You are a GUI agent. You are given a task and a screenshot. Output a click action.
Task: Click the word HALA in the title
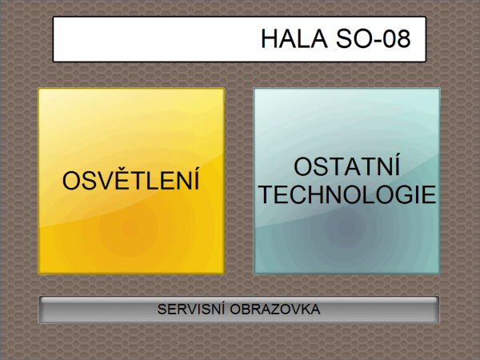[x=294, y=39]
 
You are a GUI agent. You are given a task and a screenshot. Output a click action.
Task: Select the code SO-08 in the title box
[x=373, y=39]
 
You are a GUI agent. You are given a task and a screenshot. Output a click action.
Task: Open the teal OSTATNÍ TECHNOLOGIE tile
[x=347, y=181]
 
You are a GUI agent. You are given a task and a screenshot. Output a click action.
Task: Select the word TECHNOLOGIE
[x=347, y=194]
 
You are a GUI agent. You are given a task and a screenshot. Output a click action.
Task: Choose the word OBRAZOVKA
[x=275, y=309]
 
